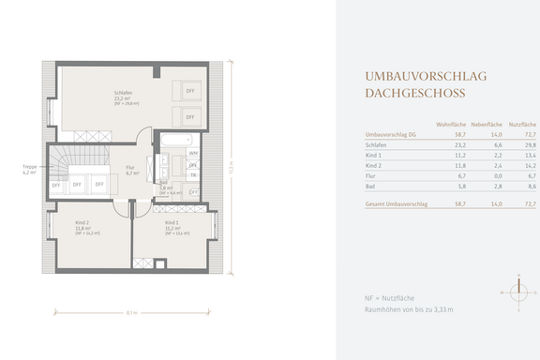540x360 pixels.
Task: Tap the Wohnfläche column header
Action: click(x=452, y=125)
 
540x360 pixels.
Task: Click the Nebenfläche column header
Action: click(x=487, y=125)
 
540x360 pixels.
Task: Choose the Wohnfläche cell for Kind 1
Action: click(x=459, y=155)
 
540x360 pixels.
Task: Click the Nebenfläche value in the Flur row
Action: click(x=497, y=174)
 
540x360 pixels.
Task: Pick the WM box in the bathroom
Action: click(x=193, y=152)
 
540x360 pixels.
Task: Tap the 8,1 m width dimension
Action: click(x=132, y=312)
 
